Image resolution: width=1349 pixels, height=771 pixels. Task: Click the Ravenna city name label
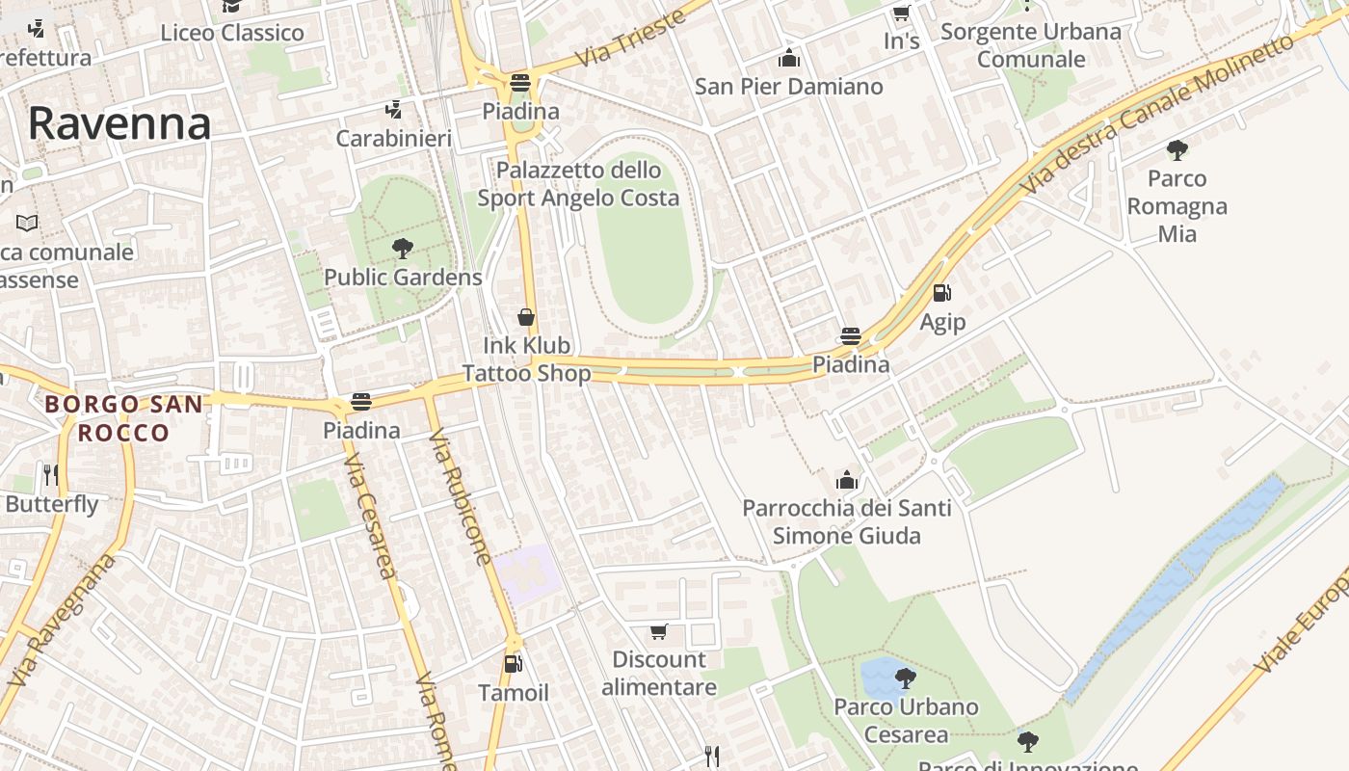[x=119, y=123]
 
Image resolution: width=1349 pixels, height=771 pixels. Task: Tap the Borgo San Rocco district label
[x=123, y=418]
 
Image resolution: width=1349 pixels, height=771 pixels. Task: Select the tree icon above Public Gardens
[x=403, y=249]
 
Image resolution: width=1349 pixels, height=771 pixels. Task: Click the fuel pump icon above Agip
[x=942, y=293]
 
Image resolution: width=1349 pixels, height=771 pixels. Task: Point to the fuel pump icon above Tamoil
[x=514, y=664]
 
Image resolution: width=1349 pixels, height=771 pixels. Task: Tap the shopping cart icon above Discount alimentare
[x=659, y=631]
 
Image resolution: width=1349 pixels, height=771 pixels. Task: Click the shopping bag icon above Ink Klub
[x=526, y=317]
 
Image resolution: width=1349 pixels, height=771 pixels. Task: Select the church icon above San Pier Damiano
[x=789, y=58]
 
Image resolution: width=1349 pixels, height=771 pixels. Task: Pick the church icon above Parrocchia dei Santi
[x=847, y=480]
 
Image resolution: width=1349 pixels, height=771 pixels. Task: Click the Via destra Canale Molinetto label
[x=1157, y=114]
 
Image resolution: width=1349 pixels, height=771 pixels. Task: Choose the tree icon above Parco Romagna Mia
[x=1177, y=149]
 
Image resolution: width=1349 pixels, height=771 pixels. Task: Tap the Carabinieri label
[x=393, y=139]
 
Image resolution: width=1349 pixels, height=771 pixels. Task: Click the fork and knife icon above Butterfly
[x=51, y=474]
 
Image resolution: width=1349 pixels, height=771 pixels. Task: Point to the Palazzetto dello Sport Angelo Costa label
[x=578, y=184]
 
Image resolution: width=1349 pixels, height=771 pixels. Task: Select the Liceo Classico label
[x=232, y=33]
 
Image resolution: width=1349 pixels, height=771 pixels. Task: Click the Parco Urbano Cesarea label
[x=906, y=720]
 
